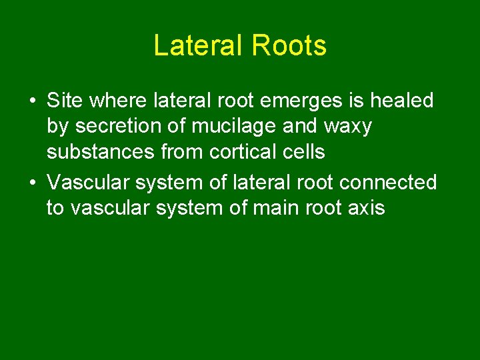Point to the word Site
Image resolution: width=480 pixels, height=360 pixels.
tap(65, 101)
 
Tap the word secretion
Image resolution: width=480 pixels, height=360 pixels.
tap(117, 127)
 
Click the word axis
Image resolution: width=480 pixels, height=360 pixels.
tap(366, 208)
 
